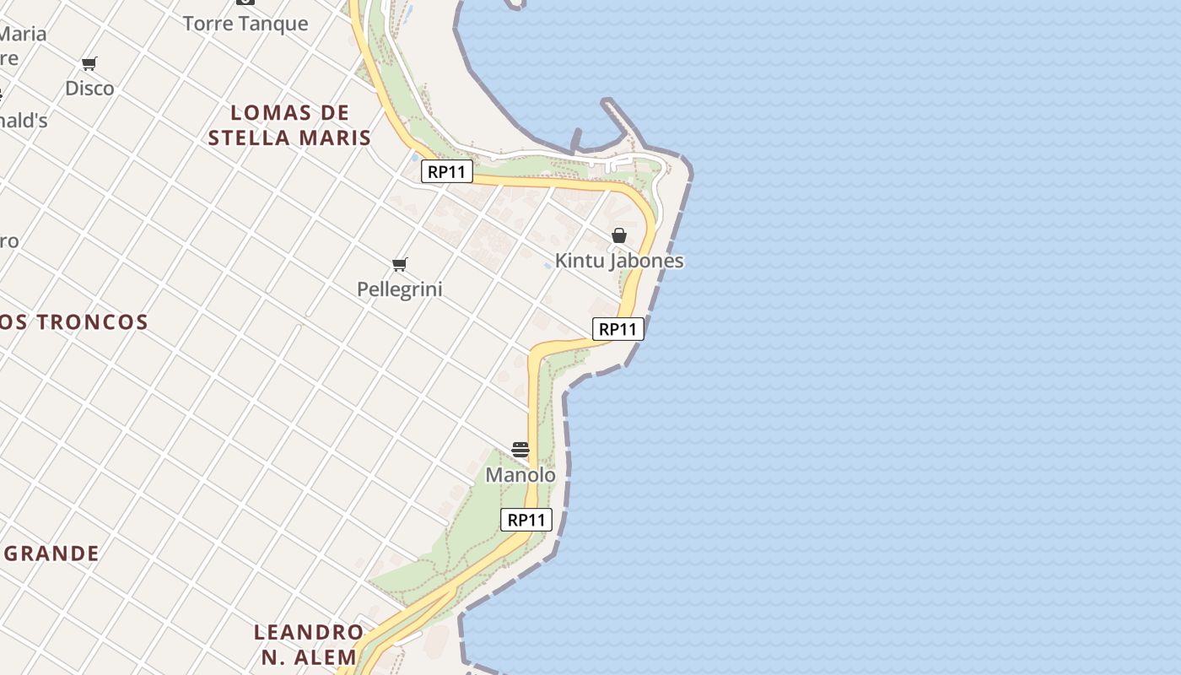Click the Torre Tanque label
(x=245, y=24)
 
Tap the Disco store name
(x=89, y=89)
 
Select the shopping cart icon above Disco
(x=89, y=63)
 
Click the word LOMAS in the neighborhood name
(x=268, y=113)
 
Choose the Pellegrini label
(x=400, y=289)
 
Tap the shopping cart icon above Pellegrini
(x=400, y=265)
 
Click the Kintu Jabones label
(x=619, y=261)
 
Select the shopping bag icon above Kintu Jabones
(x=619, y=235)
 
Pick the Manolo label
(x=520, y=475)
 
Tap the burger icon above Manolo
(x=520, y=450)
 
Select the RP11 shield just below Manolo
(x=527, y=520)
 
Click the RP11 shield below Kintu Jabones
(x=618, y=329)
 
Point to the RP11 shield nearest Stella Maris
(x=447, y=172)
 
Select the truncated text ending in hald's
(x=23, y=121)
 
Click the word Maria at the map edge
(x=23, y=35)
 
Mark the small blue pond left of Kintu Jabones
(x=548, y=265)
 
